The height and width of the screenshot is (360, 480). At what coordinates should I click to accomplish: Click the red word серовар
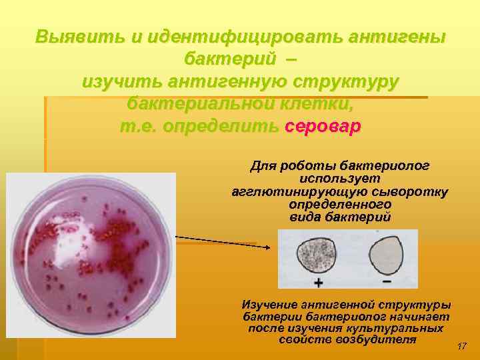tap(322, 127)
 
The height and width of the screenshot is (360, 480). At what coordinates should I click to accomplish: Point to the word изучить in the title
tap(123, 82)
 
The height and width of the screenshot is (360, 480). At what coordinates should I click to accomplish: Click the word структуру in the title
tap(347, 82)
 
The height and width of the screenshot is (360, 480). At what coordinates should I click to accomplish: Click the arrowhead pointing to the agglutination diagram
tap(267, 247)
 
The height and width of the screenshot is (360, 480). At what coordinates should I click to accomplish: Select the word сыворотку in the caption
tap(414, 192)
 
